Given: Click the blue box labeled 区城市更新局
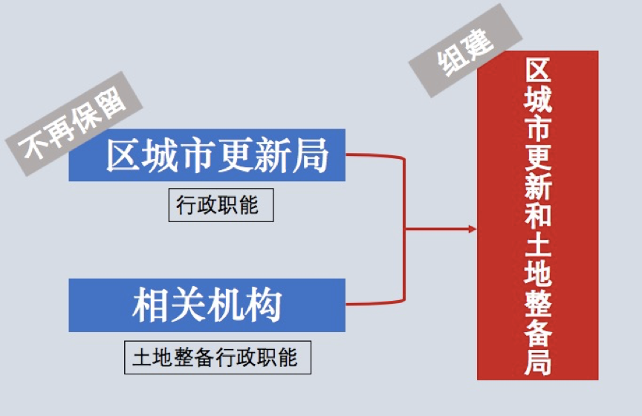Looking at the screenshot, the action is (x=207, y=155).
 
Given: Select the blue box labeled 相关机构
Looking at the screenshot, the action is (x=207, y=305).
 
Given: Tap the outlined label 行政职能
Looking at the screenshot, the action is (x=221, y=205).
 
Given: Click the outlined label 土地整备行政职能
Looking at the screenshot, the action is (x=218, y=357).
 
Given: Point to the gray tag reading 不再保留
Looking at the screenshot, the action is (x=74, y=123).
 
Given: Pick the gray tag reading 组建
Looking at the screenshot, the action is (x=466, y=51).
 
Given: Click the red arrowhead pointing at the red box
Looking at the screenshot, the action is (x=473, y=229).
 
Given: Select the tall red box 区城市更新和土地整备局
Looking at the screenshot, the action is (x=537, y=215).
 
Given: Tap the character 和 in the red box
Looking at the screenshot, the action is (x=538, y=215).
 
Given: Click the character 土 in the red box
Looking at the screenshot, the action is (x=538, y=244).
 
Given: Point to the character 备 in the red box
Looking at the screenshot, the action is (x=538, y=333).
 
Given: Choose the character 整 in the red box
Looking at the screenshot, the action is (x=538, y=303).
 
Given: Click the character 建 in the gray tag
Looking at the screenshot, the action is (x=478, y=43).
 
